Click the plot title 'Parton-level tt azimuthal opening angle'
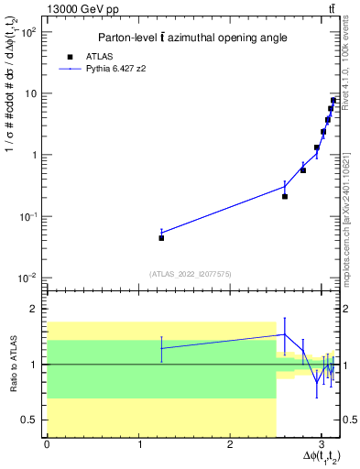[x=187, y=38]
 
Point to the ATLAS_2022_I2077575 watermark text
[x=191, y=273]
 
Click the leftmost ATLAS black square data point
[x=161, y=237]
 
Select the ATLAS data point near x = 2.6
[x=285, y=196]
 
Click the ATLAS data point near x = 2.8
[x=303, y=169]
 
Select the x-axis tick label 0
[x=47, y=444]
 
